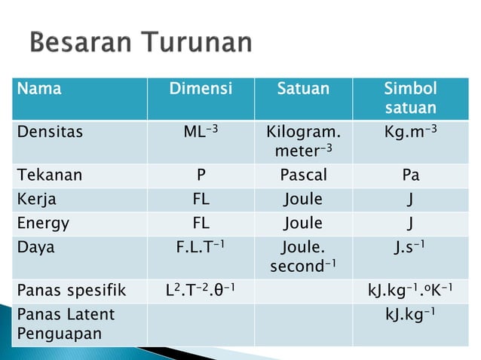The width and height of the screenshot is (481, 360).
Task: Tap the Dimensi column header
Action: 201,90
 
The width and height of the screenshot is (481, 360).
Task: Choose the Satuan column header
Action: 303,90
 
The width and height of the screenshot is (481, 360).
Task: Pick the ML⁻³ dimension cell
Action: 201,133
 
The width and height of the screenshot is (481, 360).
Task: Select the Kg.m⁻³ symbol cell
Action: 410,133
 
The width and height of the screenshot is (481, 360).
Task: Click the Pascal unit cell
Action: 303,175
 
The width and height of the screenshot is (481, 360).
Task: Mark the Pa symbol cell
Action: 410,175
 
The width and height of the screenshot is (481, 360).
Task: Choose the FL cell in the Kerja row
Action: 201,200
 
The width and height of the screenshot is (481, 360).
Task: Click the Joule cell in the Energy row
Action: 303,224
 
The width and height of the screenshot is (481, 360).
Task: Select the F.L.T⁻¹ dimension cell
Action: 201,246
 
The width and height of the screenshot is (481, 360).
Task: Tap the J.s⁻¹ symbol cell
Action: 410,246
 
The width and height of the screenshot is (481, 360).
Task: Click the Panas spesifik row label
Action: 71,290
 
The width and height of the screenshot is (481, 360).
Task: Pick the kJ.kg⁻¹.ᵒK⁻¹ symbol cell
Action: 410,290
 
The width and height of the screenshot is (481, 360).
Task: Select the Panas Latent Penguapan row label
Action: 66,322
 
